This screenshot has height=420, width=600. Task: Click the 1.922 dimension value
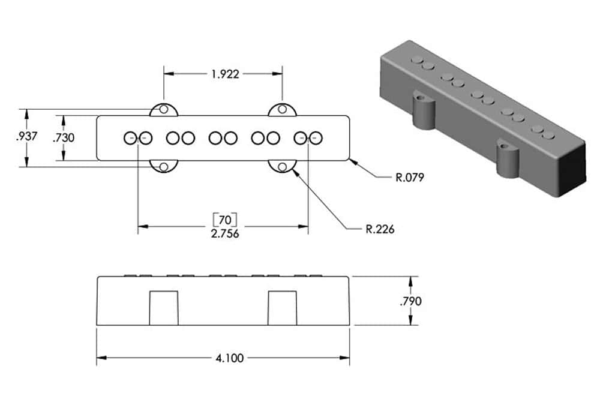tap(225, 74)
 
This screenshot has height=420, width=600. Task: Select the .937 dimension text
tap(27, 136)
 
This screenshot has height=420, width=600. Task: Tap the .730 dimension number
tap(64, 137)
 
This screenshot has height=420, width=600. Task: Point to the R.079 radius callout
tap(410, 178)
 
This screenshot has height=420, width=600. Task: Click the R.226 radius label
tap(380, 229)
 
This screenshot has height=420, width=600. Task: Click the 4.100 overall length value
tap(229, 358)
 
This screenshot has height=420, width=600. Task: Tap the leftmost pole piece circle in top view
tap(130, 138)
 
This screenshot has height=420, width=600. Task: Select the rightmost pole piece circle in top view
tap(316, 138)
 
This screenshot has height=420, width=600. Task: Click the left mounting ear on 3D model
tap(424, 112)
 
